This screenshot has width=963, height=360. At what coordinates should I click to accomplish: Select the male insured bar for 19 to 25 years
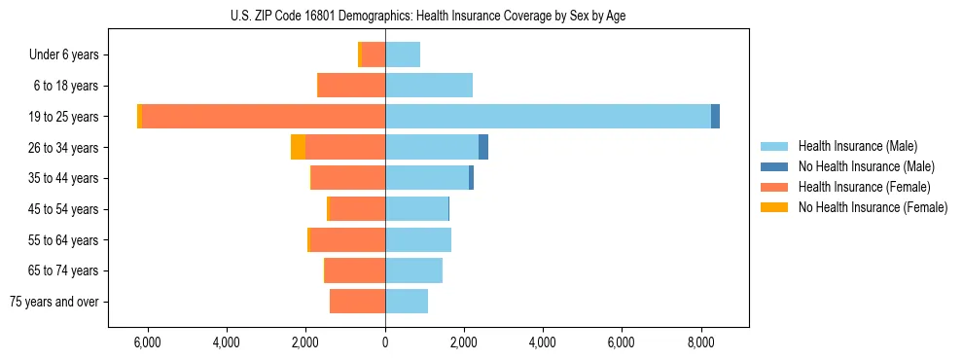(x=548, y=117)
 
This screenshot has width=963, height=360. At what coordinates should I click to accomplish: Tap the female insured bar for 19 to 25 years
(x=264, y=117)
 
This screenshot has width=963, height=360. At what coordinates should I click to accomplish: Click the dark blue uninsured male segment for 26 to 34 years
(x=482, y=147)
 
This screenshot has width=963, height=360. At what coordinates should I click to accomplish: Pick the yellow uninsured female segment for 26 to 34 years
(x=298, y=147)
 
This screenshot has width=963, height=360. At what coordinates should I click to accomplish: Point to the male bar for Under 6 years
(x=403, y=55)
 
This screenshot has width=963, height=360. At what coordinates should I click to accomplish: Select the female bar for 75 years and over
(x=357, y=302)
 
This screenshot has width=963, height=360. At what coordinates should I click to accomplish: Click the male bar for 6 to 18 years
(x=429, y=86)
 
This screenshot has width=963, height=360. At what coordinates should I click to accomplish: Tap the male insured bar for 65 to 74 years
(x=413, y=270)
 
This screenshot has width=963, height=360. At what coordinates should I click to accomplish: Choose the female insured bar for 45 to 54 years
(x=358, y=209)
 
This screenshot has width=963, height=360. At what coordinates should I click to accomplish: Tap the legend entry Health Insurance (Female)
(x=862, y=187)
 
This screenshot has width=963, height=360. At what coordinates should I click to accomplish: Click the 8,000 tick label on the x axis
(x=700, y=342)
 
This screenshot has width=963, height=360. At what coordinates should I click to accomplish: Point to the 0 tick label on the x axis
(x=385, y=342)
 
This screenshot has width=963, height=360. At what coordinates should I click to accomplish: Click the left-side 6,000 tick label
(x=147, y=342)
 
